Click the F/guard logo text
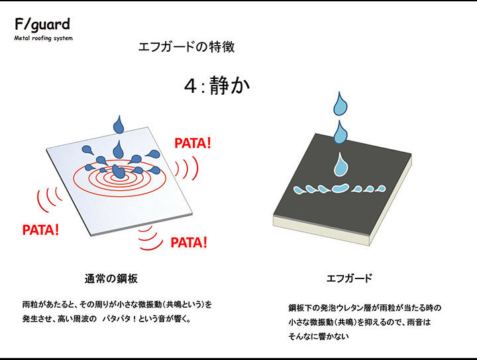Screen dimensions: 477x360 (x=42, y=25)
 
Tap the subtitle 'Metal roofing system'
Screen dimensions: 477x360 (x=44, y=38)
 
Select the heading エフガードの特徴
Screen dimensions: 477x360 (x=186, y=47)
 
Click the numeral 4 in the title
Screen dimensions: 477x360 (x=190, y=86)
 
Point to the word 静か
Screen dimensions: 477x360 (x=229, y=85)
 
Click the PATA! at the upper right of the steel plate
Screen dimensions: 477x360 (x=193, y=143)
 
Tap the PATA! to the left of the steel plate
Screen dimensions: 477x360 (x=41, y=230)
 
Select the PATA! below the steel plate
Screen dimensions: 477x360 (x=189, y=243)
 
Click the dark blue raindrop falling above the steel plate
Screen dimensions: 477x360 (x=119, y=125)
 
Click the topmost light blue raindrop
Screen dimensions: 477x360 (x=341, y=104)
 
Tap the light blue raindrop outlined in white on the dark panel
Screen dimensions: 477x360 (x=341, y=165)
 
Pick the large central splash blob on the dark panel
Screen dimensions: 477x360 (x=341, y=188)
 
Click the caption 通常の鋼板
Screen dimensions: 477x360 (x=111, y=278)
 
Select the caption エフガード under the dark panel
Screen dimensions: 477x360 (x=349, y=278)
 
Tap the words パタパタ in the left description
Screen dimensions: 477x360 (x=117, y=319)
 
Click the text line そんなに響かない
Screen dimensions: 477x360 (x=319, y=336)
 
